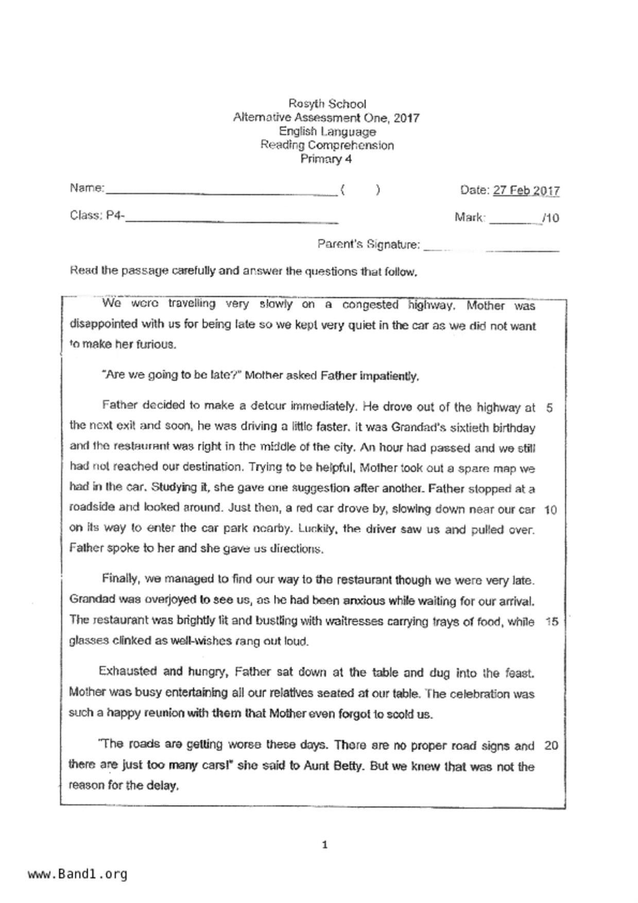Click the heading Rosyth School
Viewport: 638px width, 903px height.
pos(327,103)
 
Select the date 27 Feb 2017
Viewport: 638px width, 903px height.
pos(526,190)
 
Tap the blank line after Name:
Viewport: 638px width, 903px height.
pos(221,192)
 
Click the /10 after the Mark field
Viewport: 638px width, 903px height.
pos(550,218)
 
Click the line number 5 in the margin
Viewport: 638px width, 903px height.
pos(549,408)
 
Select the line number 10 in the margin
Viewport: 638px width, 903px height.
pos(550,510)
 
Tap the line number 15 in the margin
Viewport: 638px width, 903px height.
pos(551,622)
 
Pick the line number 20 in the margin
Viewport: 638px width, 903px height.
pos(550,745)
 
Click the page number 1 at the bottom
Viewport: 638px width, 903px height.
pos(324,845)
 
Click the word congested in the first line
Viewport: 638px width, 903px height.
pos(370,305)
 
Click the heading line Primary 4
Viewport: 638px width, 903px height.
pos(326,159)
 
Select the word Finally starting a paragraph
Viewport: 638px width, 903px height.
pos(120,579)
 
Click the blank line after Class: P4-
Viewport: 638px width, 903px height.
pos(232,219)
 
